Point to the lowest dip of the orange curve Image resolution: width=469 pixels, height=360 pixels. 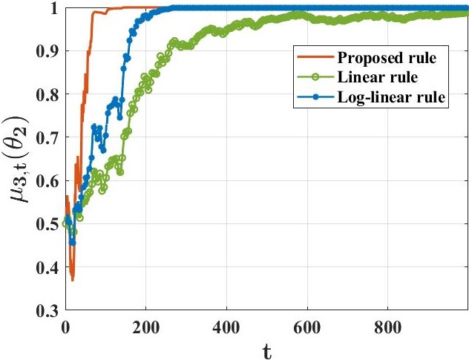point(72,279)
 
